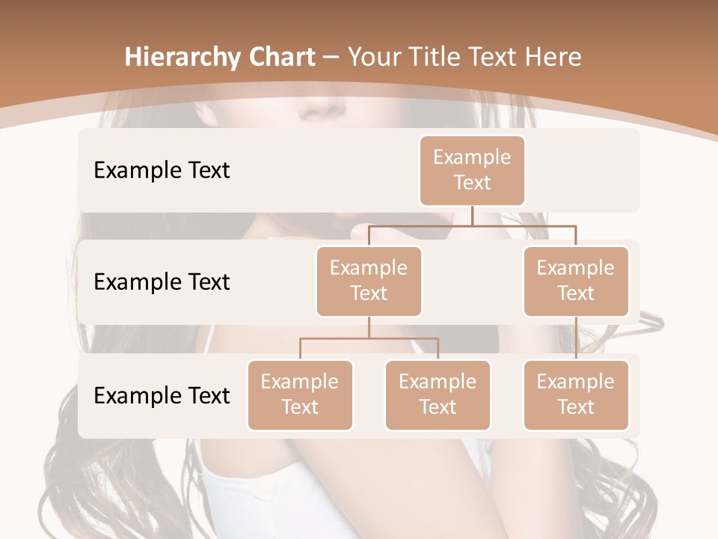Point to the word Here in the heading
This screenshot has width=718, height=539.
[553, 57]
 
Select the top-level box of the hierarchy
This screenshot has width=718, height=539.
[472, 171]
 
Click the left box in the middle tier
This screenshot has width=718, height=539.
[369, 281]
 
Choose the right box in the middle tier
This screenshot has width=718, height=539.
[576, 281]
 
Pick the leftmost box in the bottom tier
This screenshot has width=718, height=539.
[300, 395]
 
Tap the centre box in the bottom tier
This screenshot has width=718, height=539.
[438, 395]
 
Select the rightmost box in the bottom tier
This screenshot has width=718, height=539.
[576, 395]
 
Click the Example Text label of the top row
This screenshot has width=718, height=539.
[162, 170]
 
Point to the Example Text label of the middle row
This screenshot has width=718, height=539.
[162, 281]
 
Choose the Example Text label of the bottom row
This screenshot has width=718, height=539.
[162, 395]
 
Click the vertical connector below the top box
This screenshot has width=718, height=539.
[472, 216]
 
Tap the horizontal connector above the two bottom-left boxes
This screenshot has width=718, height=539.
[369, 338]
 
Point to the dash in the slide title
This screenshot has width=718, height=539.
[331, 57]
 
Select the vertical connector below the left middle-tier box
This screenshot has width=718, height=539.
[369, 327]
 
